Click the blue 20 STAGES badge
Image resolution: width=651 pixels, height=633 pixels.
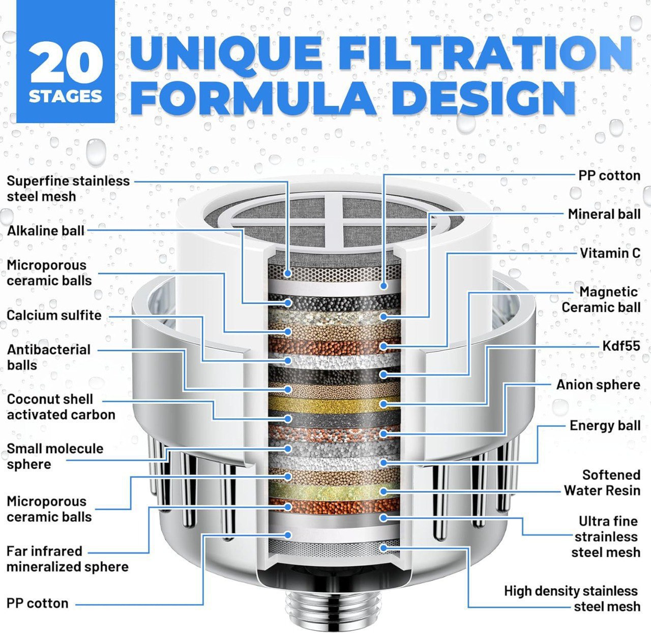(x=66, y=61)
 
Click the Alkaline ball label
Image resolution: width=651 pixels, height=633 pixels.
(x=46, y=231)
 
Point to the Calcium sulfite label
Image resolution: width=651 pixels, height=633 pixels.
(x=54, y=315)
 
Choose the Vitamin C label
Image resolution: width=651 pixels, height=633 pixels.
(x=610, y=253)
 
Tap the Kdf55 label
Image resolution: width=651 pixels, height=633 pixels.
(x=621, y=346)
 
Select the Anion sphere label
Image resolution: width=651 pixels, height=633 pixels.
(x=598, y=384)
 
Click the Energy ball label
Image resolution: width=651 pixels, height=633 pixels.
(x=605, y=426)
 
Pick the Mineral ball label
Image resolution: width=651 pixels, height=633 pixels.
(x=604, y=214)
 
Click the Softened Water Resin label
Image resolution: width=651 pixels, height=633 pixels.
(x=602, y=483)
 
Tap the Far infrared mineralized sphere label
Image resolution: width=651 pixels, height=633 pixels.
(x=67, y=559)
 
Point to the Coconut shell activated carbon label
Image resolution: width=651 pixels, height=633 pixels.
(x=61, y=407)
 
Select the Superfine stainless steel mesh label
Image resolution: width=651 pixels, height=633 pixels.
(x=68, y=189)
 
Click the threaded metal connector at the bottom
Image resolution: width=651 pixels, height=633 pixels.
(x=334, y=612)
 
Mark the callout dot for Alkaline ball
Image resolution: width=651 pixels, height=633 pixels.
(x=288, y=303)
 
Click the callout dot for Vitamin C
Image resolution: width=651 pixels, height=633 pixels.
(x=383, y=346)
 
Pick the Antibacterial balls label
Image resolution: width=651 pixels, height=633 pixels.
(x=48, y=357)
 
